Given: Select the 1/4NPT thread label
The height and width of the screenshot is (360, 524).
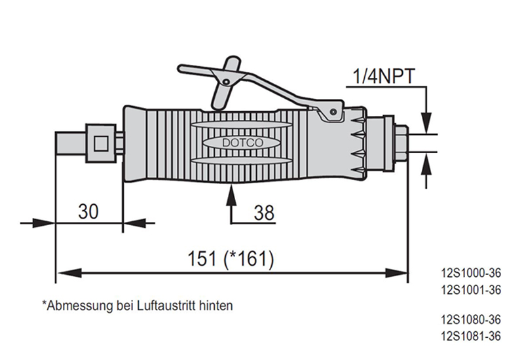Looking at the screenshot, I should [x=384, y=77].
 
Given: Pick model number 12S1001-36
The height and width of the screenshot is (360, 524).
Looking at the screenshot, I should [x=472, y=289].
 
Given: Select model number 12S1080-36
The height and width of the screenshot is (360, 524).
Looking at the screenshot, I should [x=472, y=320].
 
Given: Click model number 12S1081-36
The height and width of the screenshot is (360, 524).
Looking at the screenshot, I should [x=472, y=336].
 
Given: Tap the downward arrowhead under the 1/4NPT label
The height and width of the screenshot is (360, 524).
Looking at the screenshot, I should [x=426, y=122].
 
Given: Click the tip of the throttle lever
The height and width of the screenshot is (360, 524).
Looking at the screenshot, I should [x=183, y=67].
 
